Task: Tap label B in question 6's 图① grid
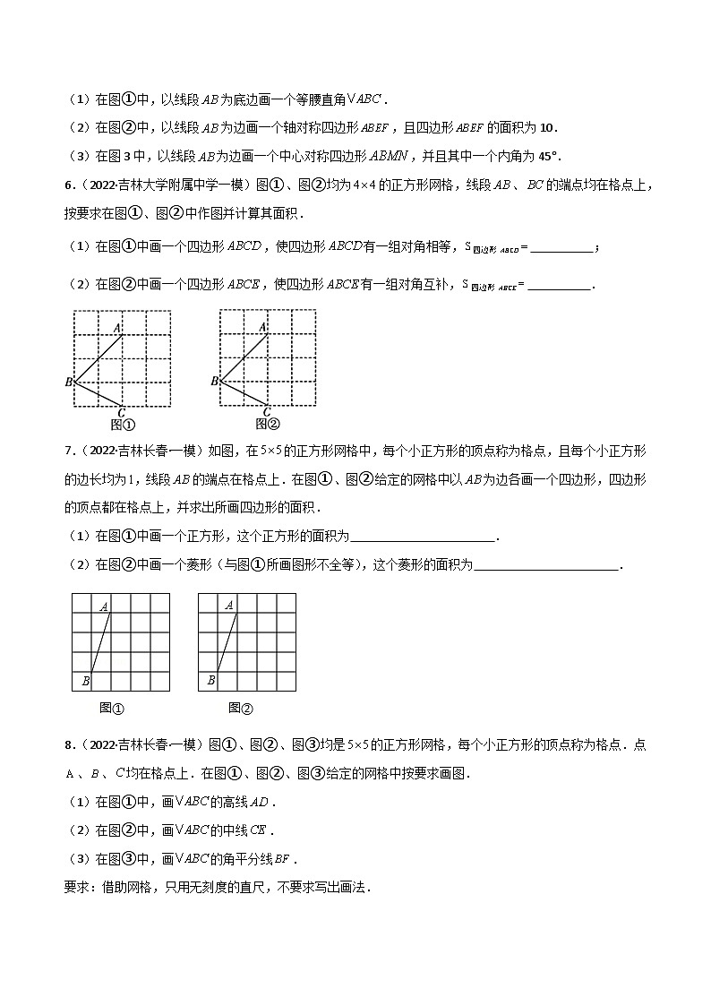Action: tap(68, 383)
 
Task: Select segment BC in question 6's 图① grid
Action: tap(98, 393)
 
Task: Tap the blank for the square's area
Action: tap(423, 537)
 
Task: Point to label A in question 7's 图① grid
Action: tap(104, 606)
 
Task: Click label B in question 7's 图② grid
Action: tap(210, 681)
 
